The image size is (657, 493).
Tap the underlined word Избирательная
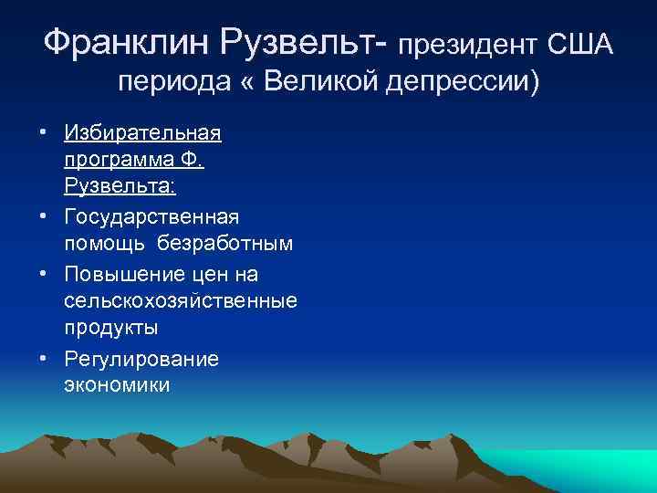point(142,133)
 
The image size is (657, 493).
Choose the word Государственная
point(152,216)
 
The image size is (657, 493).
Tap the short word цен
point(217,274)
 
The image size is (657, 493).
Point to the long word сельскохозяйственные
point(181,300)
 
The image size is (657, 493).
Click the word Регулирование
point(141,358)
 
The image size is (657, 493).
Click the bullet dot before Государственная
point(44,217)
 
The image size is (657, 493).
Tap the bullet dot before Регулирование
point(44,358)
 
